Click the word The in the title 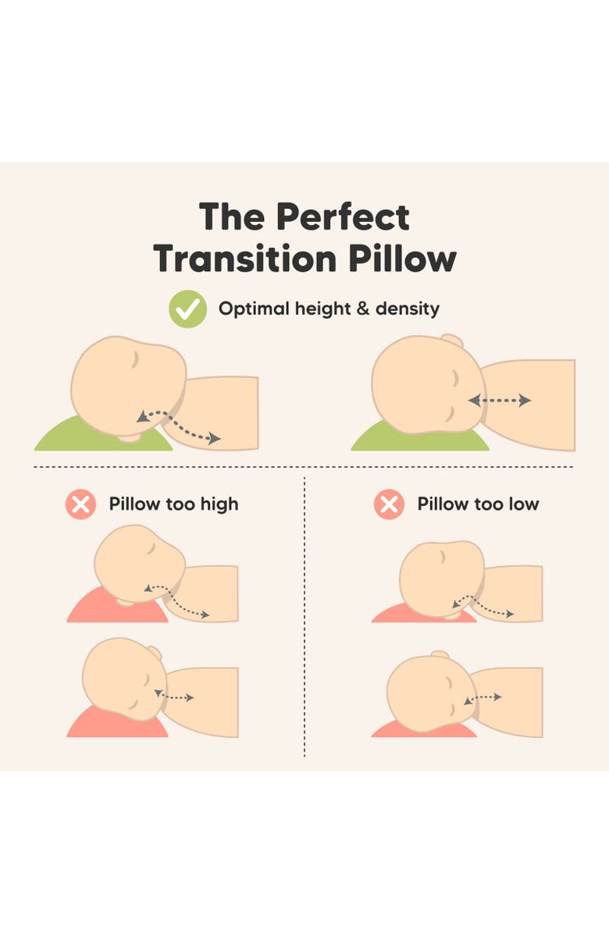pos(232,217)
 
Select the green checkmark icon pos(188,309)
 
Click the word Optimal pos(253,309)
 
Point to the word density pos(407,309)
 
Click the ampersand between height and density pos(361,309)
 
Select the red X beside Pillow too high pos(80,504)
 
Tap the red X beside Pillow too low pos(388,504)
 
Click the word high pos(219,504)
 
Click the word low pos(524,504)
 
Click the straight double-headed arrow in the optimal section pos(500,401)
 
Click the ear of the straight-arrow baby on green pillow pos(451,341)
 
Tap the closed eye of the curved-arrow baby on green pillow pos(134,360)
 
